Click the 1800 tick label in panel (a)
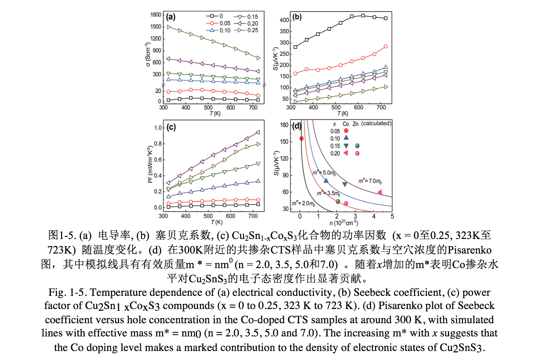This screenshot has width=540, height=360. tap(156, 15)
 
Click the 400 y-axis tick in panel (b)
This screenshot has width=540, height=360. tap(284, 20)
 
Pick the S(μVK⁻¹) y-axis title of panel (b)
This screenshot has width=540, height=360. tap(276, 59)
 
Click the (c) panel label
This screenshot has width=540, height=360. tap(171, 127)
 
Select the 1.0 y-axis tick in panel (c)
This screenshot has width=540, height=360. tap(158, 128)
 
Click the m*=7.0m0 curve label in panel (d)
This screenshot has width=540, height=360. tap(370, 181)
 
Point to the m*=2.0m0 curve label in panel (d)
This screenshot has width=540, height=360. tap(303, 203)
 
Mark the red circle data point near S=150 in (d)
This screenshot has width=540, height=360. tap(302, 139)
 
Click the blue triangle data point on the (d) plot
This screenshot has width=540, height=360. tap(326, 181)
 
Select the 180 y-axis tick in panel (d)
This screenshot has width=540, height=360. tap(284, 125)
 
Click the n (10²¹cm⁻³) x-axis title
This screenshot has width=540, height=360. tap(344, 223)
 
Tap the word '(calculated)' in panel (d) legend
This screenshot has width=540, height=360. tap(376, 123)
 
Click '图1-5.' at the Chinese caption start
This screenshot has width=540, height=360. tap(62, 235)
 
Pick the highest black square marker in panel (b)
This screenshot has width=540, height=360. tap(363, 16)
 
